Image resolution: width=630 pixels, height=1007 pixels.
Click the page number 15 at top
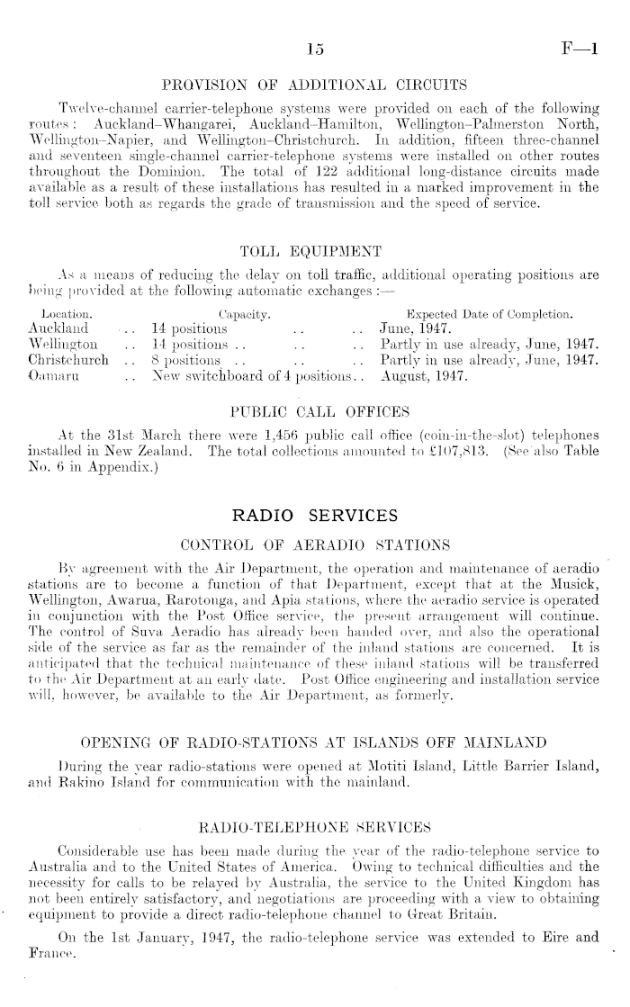[315, 52]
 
